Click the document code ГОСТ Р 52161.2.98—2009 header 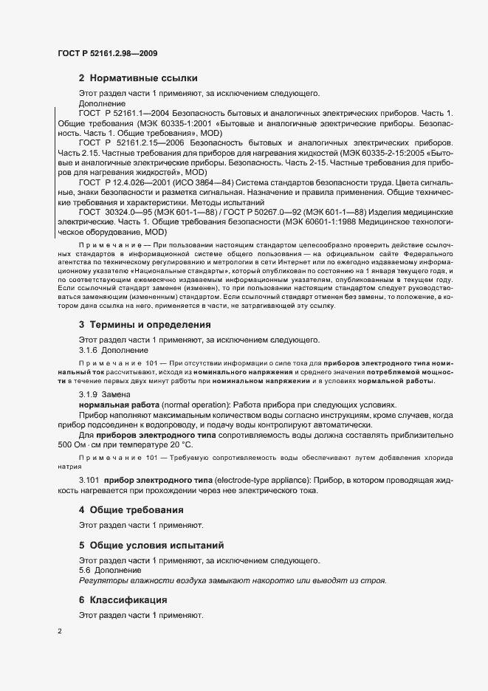coord(107,53)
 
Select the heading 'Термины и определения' coord(150,324)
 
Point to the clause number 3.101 coord(90,481)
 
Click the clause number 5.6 coord(86,571)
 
